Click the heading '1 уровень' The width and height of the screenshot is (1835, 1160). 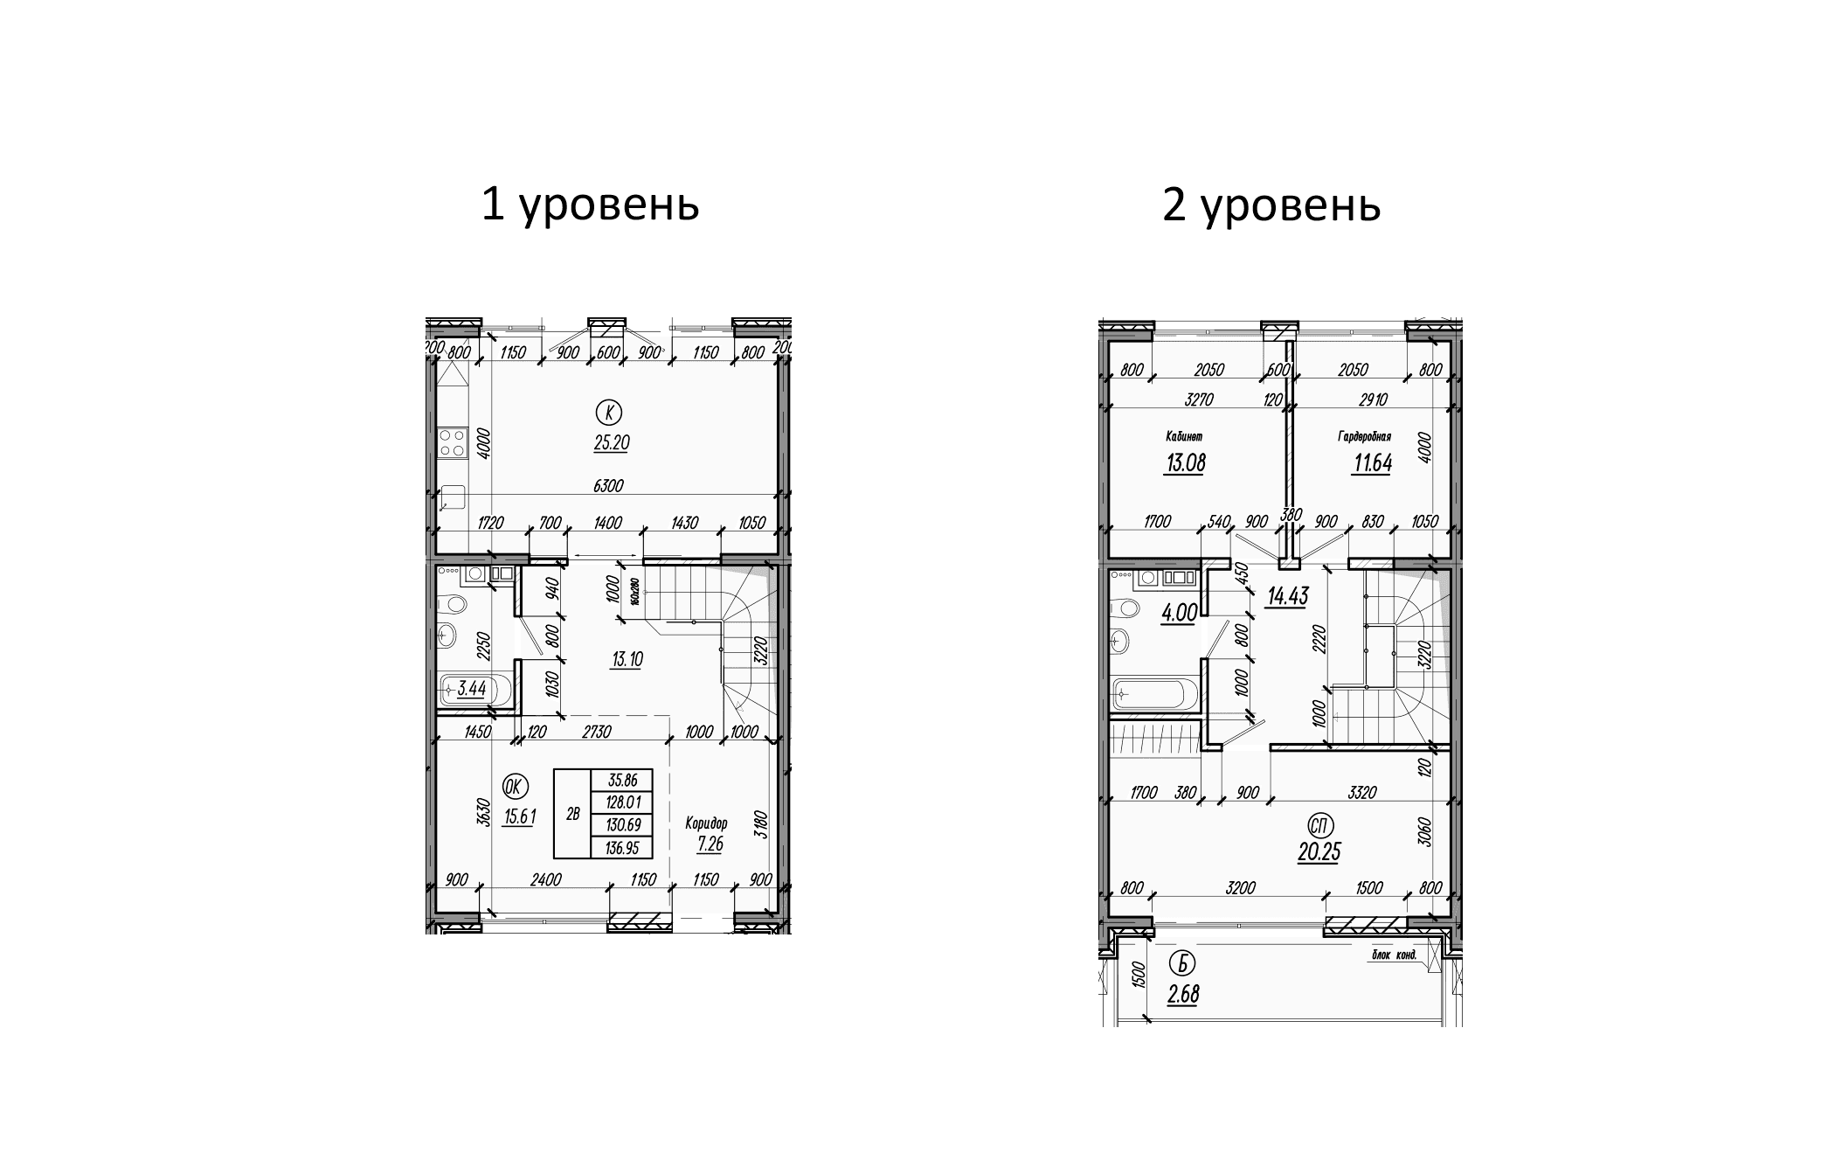tap(590, 206)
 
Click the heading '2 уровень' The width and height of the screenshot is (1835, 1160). tap(1271, 206)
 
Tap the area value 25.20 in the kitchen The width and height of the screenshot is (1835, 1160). tap(611, 443)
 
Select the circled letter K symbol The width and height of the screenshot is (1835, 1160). tap(608, 410)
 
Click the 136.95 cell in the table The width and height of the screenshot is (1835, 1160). tap(621, 847)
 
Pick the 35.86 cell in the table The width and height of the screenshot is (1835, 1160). tap(621, 781)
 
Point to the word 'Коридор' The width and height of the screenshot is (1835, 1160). tap(706, 823)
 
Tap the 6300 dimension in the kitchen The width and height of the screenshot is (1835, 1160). tap(608, 486)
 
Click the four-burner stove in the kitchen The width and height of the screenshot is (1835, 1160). tap(452, 442)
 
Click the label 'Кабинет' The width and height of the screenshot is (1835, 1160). tap(1185, 435)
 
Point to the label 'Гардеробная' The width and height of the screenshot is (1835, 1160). tap(1363, 435)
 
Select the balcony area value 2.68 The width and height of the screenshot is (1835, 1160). tap(1182, 994)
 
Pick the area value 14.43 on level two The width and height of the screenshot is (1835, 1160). tap(1287, 597)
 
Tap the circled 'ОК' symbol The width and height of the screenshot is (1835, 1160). tap(514, 788)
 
